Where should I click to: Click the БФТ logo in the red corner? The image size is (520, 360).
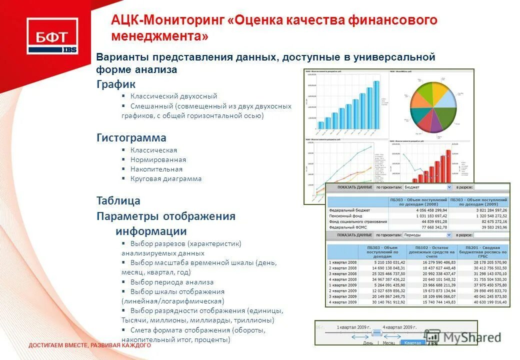pos(52,36)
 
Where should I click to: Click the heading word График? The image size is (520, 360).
pos(116,84)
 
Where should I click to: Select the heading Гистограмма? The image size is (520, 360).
pos(131,137)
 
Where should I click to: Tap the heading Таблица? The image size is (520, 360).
pos(118,201)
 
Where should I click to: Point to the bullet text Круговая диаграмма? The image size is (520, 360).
pos(166,178)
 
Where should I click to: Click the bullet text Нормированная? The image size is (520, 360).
pos(158,159)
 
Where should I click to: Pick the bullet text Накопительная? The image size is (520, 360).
pos(156,169)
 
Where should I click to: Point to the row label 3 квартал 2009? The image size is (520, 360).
pos(342,296)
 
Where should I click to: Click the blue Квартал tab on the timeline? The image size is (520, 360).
pos(412,343)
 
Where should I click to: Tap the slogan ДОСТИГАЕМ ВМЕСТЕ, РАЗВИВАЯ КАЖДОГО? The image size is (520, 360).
pos(89,345)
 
